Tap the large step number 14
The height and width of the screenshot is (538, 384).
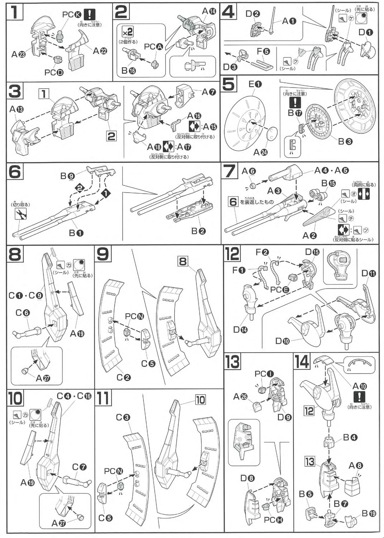tap(301, 362)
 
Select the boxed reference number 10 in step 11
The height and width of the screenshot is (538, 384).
tap(200, 399)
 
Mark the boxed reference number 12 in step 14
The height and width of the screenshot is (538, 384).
tap(309, 410)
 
